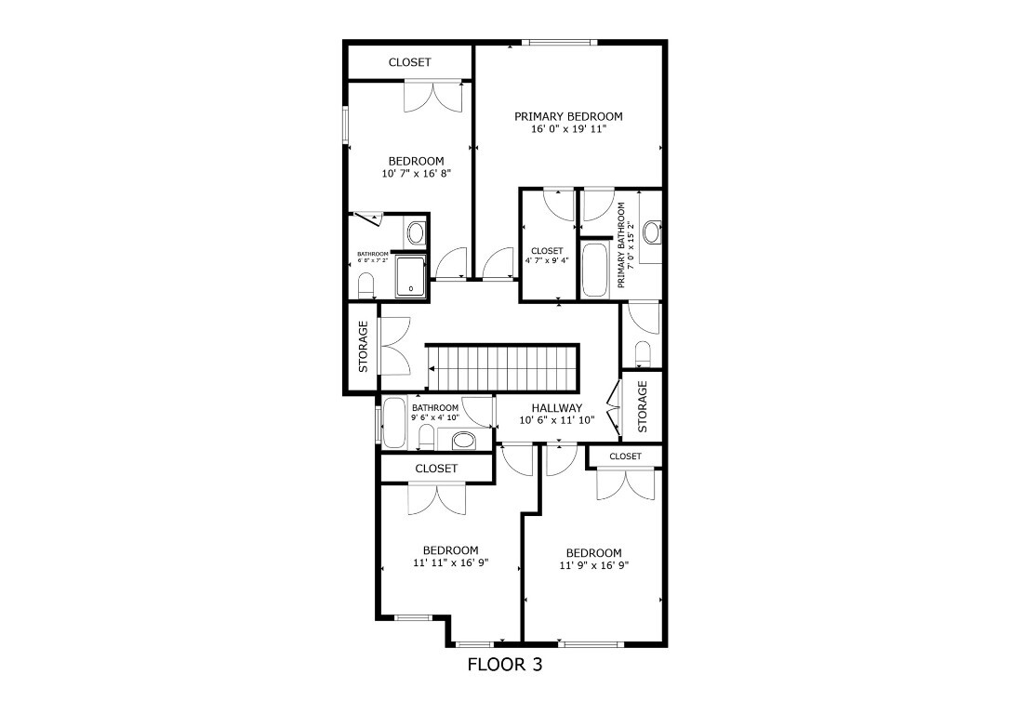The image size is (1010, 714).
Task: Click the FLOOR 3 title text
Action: [504, 665]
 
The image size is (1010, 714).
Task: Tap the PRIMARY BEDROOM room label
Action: [568, 116]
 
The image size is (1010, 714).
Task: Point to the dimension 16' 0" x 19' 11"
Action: [568, 129]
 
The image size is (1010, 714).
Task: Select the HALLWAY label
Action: [556, 408]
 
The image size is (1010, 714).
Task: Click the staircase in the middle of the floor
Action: [502, 367]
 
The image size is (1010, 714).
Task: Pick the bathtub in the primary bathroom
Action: [594, 270]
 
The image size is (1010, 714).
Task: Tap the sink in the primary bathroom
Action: [652, 229]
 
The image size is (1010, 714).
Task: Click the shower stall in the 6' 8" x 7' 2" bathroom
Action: [410, 276]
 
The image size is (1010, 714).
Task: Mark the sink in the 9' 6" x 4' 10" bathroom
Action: [461, 440]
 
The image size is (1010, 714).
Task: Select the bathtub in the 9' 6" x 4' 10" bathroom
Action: [394, 424]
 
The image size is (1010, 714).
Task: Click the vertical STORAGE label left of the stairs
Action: [363, 346]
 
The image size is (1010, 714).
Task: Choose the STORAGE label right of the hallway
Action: [642, 406]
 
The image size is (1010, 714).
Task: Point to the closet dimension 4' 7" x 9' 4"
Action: [547, 260]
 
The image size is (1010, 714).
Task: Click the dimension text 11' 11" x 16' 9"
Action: [451, 562]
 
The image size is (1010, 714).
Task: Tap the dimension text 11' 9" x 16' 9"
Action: [593, 565]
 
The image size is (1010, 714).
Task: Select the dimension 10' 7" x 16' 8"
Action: [416, 174]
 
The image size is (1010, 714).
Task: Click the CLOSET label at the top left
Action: [409, 62]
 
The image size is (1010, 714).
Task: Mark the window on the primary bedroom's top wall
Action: [557, 42]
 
